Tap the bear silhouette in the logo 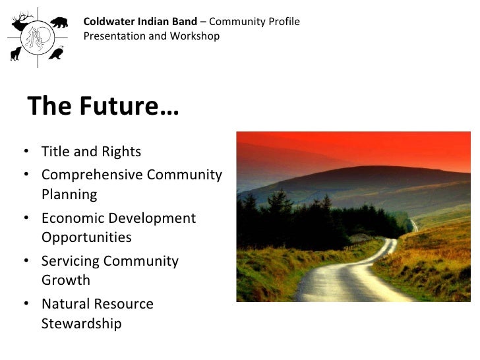[x=59, y=23]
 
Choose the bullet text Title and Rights [x=91, y=152]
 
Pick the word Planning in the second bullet [x=69, y=195]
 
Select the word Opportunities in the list [x=86, y=237]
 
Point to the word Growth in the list [x=66, y=280]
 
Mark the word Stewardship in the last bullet [x=81, y=324]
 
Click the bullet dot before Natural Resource [x=24, y=304]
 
